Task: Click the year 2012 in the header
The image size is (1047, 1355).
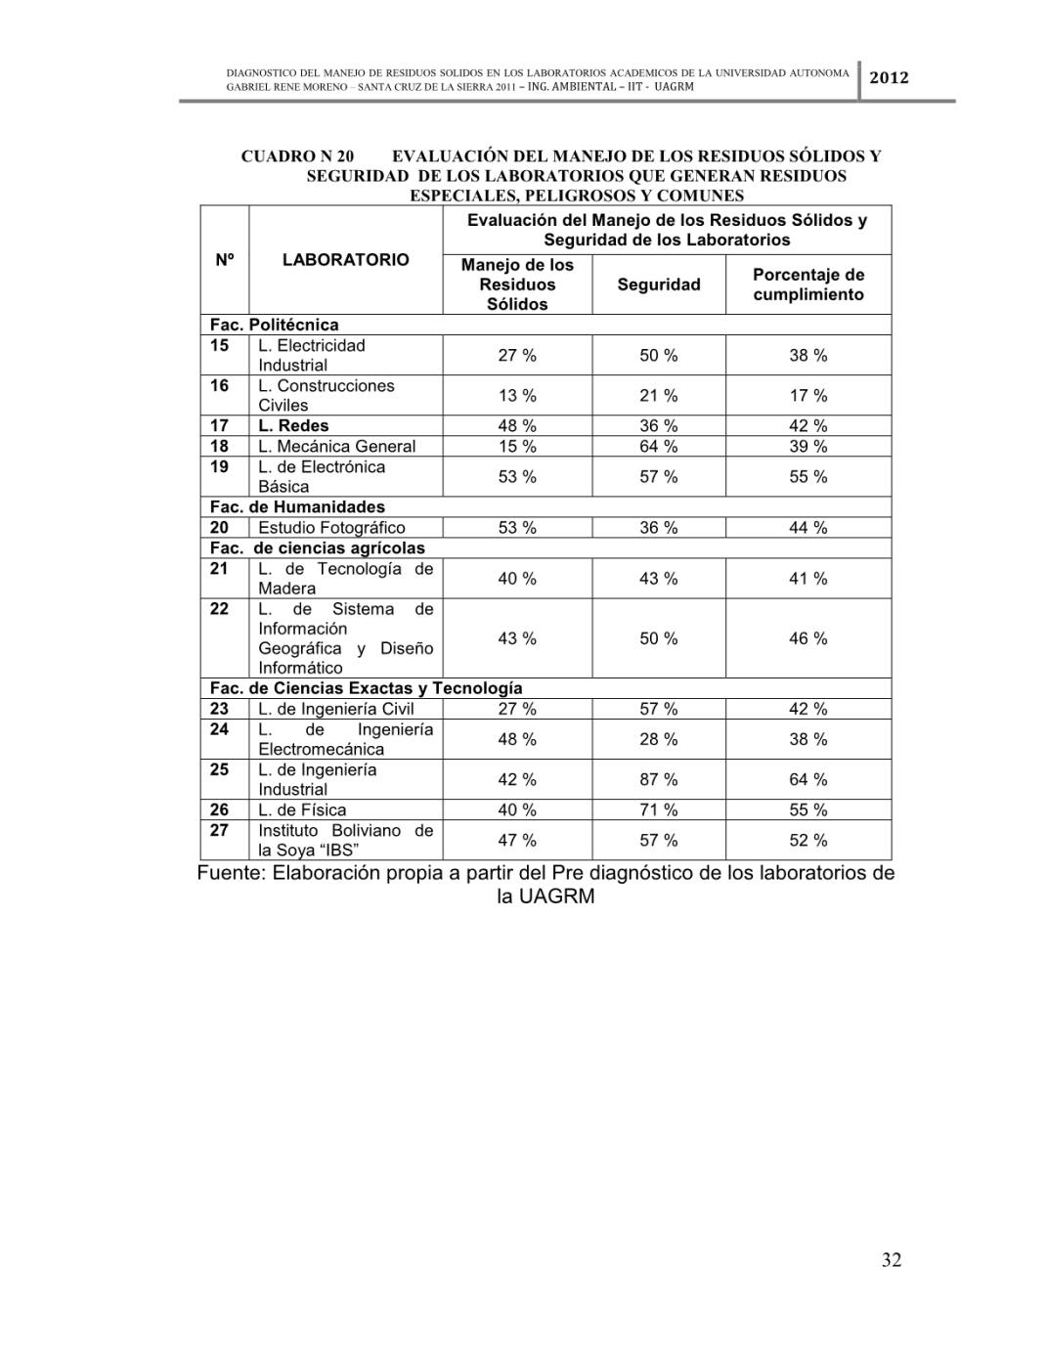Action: (x=889, y=77)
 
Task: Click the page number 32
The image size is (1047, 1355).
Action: (x=892, y=1259)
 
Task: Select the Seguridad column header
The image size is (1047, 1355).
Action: (x=659, y=284)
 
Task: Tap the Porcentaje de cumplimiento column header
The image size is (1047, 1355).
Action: (x=808, y=284)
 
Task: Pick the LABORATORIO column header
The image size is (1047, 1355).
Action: (x=345, y=260)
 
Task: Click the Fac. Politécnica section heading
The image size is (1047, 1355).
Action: (x=275, y=325)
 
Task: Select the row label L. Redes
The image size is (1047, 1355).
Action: (x=293, y=425)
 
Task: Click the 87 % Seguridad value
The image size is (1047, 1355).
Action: (x=659, y=779)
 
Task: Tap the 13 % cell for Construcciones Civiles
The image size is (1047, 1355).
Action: (x=517, y=395)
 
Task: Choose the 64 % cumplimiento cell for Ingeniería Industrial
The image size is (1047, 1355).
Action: (x=808, y=779)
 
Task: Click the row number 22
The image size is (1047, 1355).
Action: (x=220, y=609)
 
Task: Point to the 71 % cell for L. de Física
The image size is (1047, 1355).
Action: (x=659, y=809)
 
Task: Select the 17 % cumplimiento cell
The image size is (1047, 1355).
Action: (x=808, y=395)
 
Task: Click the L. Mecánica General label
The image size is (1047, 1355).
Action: (x=336, y=446)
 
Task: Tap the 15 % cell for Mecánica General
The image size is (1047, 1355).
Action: (x=517, y=446)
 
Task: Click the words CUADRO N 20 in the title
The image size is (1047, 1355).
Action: (x=297, y=155)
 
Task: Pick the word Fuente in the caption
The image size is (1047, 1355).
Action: (x=231, y=873)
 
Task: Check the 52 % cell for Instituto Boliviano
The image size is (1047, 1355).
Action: (x=808, y=840)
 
